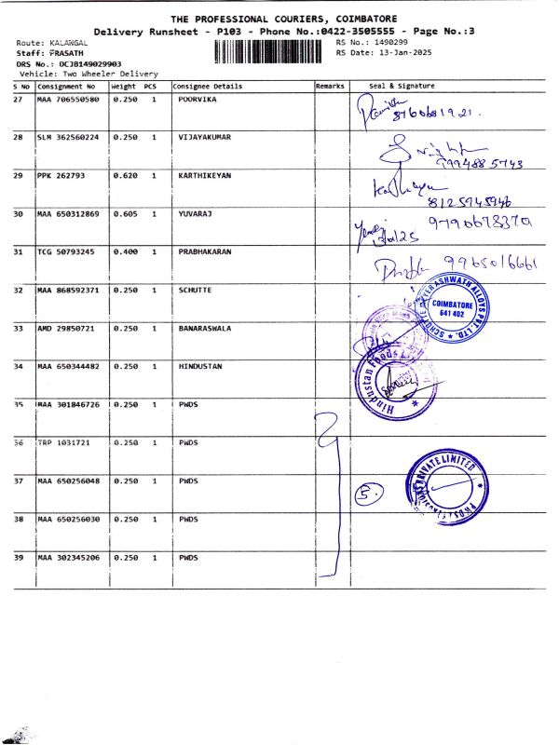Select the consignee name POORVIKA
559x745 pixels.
pyautogui.click(x=198, y=99)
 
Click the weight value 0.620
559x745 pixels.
pyautogui.click(x=124, y=175)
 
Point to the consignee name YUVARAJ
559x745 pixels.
pyautogui.click(x=195, y=213)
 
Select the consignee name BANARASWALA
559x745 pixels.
pyautogui.click(x=205, y=328)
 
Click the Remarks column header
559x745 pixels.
pyautogui.click(x=330, y=86)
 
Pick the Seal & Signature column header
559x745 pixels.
pyautogui.click(x=402, y=86)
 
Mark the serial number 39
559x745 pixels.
pyautogui.click(x=19, y=557)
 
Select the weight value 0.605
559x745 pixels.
pyautogui.click(x=124, y=213)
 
